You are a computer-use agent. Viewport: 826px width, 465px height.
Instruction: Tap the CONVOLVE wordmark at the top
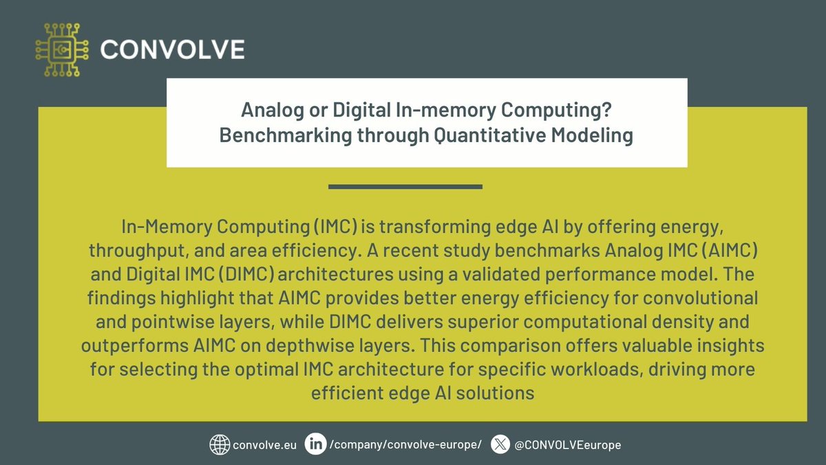pyautogui.click(x=172, y=50)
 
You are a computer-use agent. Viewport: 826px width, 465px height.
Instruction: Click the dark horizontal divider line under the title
pyautogui.click(x=405, y=186)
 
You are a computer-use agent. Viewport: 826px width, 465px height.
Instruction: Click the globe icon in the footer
pyautogui.click(x=219, y=444)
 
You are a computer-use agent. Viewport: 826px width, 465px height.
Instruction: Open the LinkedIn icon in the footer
pyautogui.click(x=317, y=444)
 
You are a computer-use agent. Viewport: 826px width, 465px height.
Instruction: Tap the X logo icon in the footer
pyautogui.click(x=500, y=444)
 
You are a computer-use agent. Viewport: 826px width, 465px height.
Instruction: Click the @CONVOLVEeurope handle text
pyautogui.click(x=567, y=445)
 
